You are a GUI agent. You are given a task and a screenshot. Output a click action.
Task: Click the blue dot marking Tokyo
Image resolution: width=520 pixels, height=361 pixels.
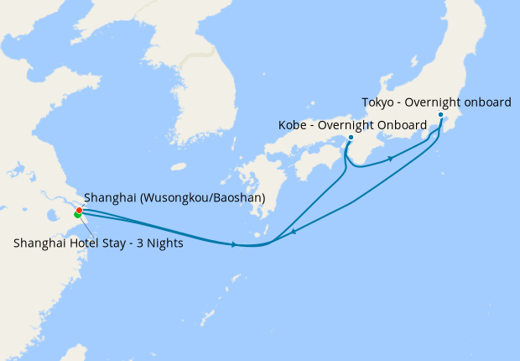pyautogui.click(x=440, y=115)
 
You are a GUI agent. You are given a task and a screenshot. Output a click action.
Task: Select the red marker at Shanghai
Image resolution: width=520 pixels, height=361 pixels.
pyautogui.click(x=80, y=210)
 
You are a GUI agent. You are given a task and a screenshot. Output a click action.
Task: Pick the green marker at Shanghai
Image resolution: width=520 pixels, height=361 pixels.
pyautogui.click(x=77, y=215)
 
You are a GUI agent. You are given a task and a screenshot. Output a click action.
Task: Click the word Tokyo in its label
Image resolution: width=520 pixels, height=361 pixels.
pyautogui.click(x=378, y=102)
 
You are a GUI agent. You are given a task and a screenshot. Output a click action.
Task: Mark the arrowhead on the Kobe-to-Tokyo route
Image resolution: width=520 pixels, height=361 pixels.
pyautogui.click(x=390, y=159)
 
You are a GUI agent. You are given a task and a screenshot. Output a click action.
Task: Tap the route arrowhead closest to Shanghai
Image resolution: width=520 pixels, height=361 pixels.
pyautogui.click(x=233, y=244)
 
